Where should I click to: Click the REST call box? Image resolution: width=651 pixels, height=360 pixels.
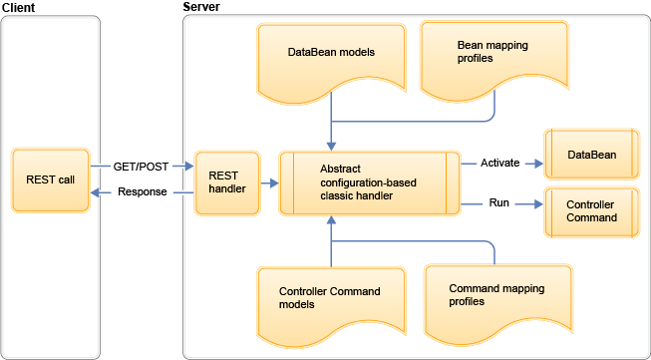[x=51, y=180]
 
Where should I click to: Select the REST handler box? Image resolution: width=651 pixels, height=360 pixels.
[x=226, y=183]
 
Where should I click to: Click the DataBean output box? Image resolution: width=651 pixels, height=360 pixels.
[x=590, y=156]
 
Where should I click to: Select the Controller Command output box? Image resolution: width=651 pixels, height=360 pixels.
[x=590, y=210]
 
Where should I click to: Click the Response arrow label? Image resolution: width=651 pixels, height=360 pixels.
[x=143, y=192]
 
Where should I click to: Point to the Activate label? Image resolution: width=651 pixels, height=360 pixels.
[x=500, y=163]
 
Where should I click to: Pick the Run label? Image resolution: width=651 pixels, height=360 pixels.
[x=499, y=203]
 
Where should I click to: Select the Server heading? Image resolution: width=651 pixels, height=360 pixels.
[x=202, y=7]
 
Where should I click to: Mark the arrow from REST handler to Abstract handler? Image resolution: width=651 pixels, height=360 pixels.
[x=267, y=183]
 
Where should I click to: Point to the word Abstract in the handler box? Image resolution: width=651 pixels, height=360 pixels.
[x=341, y=170]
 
